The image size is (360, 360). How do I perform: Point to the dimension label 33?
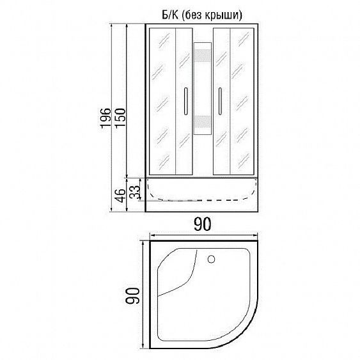point(134,192)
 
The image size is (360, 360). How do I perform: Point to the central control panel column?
point(202,96)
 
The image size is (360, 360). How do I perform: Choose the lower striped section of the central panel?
point(202,121)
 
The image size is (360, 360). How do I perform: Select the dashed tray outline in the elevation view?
point(202,200)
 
